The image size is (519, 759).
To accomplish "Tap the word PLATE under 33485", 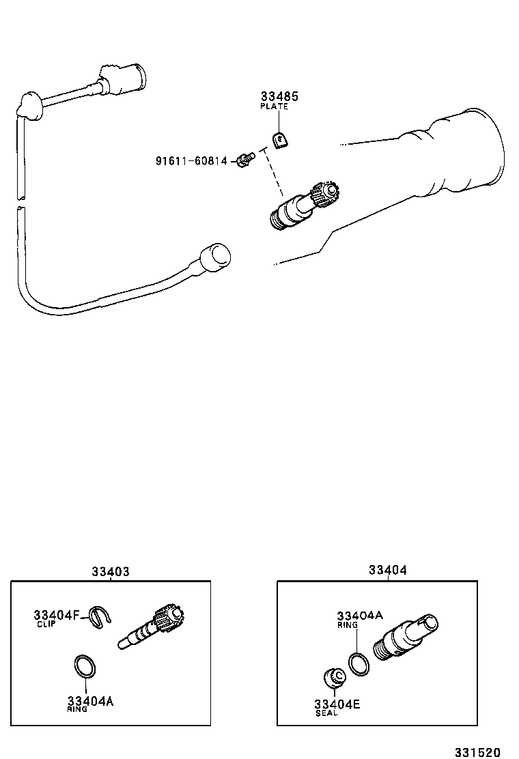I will click(x=274, y=107).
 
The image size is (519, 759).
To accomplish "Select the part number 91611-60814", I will click(x=191, y=161).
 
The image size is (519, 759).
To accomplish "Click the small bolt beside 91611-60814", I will click(x=244, y=160).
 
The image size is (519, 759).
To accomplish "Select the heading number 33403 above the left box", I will click(x=111, y=572).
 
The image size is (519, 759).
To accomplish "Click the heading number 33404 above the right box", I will click(x=387, y=570).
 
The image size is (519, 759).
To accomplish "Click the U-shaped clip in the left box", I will click(x=100, y=618).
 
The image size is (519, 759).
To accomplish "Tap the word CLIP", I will click(x=46, y=624).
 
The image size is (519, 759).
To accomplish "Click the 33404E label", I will click(x=337, y=704).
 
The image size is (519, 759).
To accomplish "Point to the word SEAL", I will click(x=326, y=713).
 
